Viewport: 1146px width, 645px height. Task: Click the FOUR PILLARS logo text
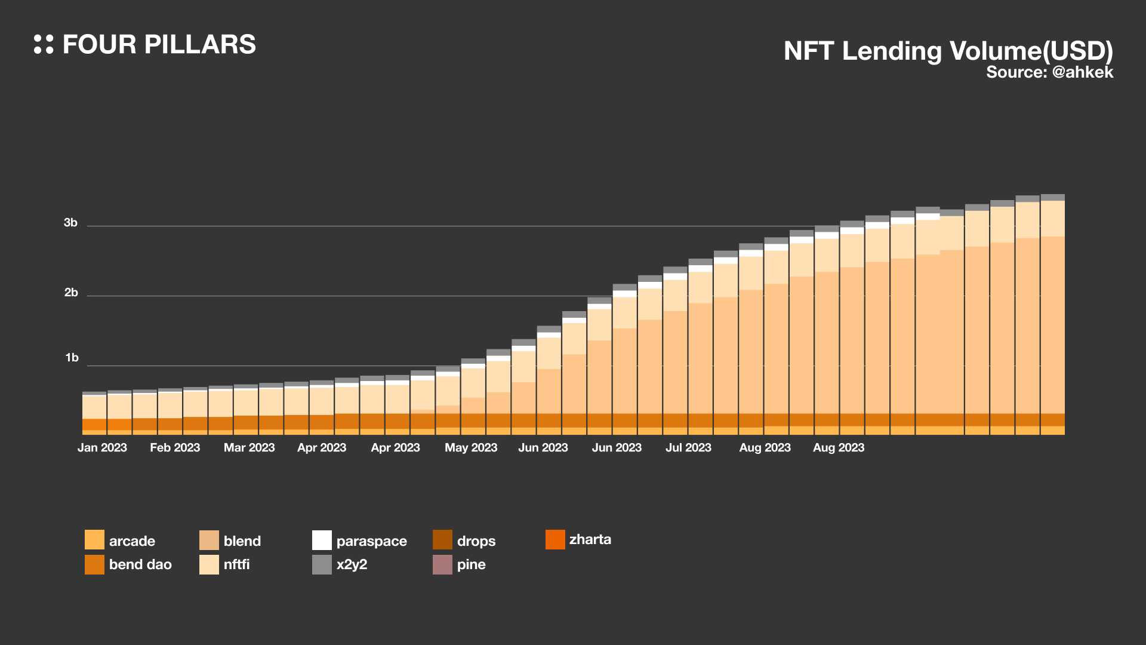click(159, 45)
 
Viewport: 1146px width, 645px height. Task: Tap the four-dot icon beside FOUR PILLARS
click(44, 44)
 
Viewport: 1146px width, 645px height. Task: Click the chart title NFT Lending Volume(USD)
click(948, 51)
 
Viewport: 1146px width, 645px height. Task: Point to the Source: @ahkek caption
click(1049, 72)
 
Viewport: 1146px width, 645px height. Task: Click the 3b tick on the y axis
click(70, 223)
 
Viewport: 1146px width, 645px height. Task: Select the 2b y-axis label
click(71, 293)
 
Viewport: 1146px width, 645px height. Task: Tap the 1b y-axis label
click(72, 358)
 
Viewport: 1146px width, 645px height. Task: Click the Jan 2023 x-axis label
click(102, 447)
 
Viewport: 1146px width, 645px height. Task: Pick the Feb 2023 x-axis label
click(175, 447)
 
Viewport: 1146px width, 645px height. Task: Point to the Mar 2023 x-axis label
click(249, 447)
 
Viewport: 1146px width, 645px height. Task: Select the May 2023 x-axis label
click(471, 447)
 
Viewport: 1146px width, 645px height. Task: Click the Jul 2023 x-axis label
click(688, 447)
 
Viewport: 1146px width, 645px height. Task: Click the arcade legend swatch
click(94, 540)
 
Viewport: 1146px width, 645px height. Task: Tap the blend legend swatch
click(209, 540)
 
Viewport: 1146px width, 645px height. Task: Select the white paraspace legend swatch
click(322, 540)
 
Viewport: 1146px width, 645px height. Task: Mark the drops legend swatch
click(442, 540)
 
